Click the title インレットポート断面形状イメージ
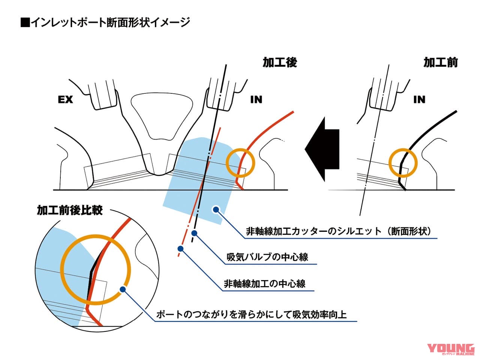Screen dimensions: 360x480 tap(110, 22)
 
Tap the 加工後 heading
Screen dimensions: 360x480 tap(279, 62)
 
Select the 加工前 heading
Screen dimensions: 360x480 tap(440, 62)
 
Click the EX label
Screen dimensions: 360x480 tap(65, 100)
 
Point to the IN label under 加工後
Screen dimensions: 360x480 tap(256, 99)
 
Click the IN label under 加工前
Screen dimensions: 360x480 tap(419, 99)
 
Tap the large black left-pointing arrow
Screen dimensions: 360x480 tap(322, 148)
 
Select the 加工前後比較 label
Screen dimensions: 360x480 tap(69, 210)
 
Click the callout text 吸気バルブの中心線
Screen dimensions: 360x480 tap(267, 257)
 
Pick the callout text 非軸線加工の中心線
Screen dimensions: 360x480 tap(264, 283)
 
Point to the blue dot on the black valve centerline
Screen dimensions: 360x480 tap(194, 233)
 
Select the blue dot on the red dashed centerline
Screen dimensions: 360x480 tap(180, 248)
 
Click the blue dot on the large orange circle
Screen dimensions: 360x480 tap(122, 289)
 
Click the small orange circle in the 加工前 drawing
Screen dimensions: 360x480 tap(402, 162)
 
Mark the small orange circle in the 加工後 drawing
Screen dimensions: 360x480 tap(241, 163)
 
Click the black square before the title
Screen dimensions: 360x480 tap(25, 23)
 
